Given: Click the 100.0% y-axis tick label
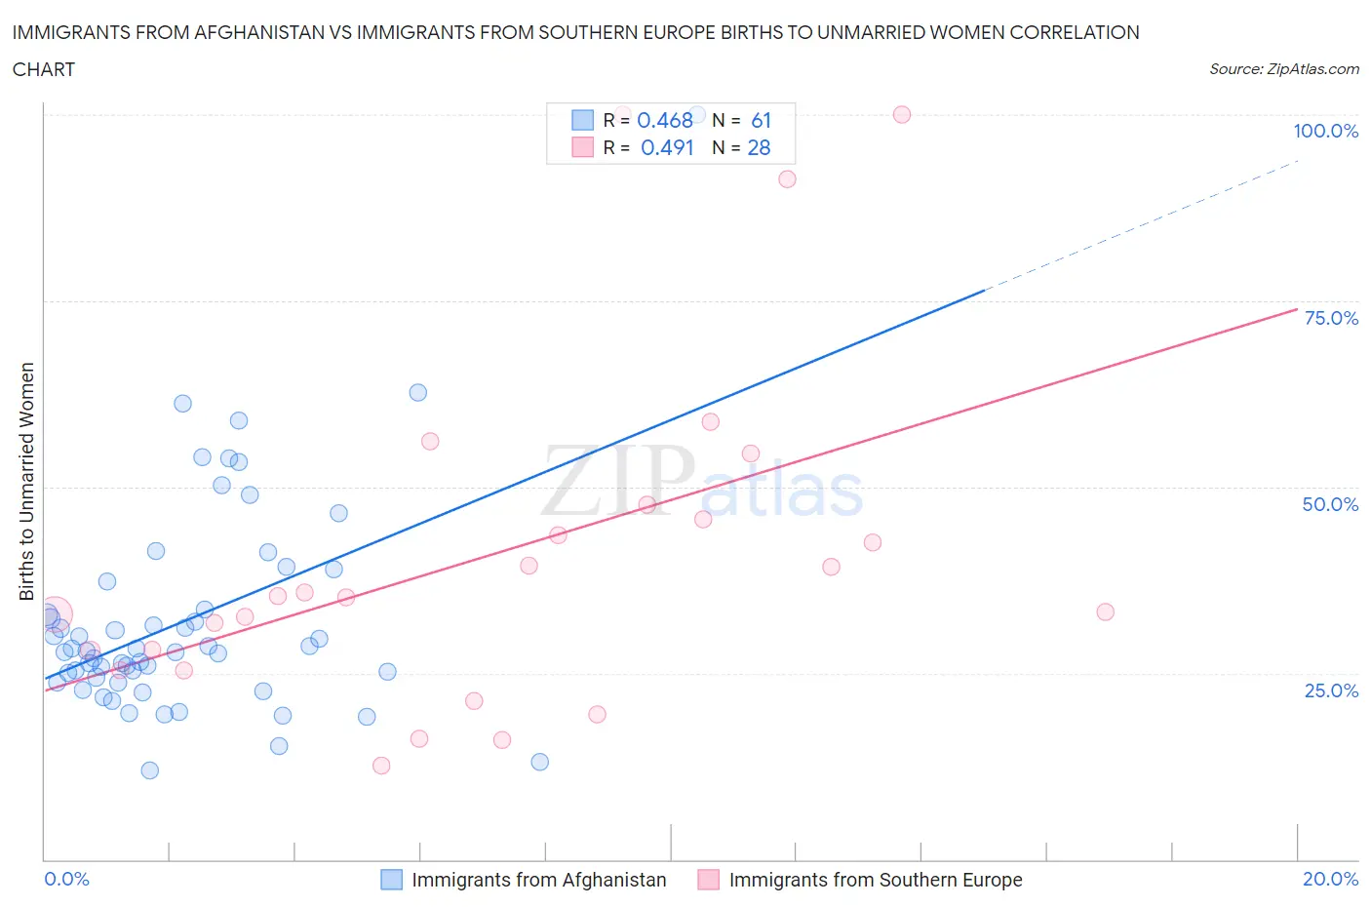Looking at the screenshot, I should pyautogui.click(x=1325, y=132).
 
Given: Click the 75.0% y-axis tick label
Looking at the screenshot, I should pyautogui.click(x=1331, y=318).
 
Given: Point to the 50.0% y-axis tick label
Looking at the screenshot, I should pyautogui.click(x=1330, y=504).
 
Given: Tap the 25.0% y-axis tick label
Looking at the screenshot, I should pyautogui.click(x=1331, y=690).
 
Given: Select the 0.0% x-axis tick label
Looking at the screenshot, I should pyautogui.click(x=66, y=879).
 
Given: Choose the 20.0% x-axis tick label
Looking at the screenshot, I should pyautogui.click(x=1330, y=879).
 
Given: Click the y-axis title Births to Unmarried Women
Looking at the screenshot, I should pyautogui.click(x=27, y=481).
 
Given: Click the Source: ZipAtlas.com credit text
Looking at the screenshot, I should pyautogui.click(x=1283, y=69).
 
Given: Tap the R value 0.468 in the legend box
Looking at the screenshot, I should pyautogui.click(x=665, y=120).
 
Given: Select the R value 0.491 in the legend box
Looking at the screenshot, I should pyautogui.click(x=667, y=147).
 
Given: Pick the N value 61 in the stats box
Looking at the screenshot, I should pyautogui.click(x=761, y=120).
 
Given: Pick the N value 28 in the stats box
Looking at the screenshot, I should pyautogui.click(x=759, y=147).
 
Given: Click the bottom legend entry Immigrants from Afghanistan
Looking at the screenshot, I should pyautogui.click(x=538, y=880).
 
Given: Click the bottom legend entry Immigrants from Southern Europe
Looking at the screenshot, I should pyautogui.click(x=875, y=880).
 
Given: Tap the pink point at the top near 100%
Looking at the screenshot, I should pyautogui.click(x=902, y=115).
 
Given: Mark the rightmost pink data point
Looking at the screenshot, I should pyautogui.click(x=1105, y=612).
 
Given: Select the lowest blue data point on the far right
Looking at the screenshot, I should pyautogui.click(x=539, y=762).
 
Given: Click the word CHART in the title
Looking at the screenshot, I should pyautogui.click(x=44, y=69).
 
